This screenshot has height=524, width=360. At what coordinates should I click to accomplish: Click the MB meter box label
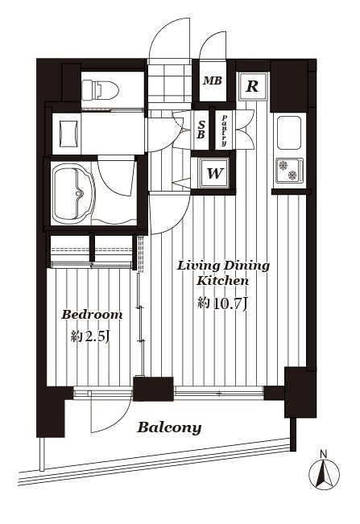213,80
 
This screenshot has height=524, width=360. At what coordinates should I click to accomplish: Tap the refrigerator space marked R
252,86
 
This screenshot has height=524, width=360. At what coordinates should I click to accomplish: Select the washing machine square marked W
214,173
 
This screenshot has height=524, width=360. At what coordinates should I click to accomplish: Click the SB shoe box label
201,130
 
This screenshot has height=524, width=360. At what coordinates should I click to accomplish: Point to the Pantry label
224,130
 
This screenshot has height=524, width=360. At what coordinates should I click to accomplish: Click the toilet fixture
101,89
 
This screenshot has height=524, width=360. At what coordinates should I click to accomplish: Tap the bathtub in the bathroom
73,195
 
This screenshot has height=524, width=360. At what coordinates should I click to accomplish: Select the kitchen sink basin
289,133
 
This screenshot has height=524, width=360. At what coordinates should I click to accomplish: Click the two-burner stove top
289,170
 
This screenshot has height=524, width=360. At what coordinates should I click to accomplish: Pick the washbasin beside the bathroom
69,134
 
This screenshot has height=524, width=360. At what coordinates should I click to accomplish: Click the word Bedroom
92,315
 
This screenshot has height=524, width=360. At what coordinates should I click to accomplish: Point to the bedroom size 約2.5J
90,336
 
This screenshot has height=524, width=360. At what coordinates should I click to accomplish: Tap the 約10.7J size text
222,303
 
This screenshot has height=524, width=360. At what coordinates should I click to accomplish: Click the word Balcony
169,427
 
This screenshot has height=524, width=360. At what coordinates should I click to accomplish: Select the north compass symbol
324,474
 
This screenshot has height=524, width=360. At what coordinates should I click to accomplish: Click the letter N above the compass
323,454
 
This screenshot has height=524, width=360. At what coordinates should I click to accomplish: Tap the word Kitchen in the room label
222,281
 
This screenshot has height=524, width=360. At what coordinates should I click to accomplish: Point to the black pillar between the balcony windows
154,389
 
